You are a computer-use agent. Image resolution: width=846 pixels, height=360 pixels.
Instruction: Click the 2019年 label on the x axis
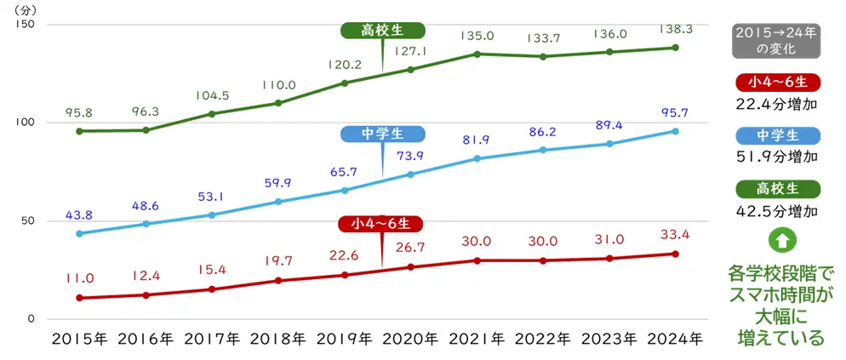tap(343, 338)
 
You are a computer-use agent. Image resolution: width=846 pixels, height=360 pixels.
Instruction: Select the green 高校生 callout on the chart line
tap(382, 31)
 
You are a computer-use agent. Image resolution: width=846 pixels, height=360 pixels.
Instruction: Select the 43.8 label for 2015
tap(78, 215)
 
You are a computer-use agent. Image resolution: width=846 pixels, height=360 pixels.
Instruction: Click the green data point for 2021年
tap(477, 54)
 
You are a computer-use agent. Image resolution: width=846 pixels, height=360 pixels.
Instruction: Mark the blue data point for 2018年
tap(278, 202)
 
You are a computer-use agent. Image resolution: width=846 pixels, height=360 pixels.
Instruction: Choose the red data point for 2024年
tap(676, 254)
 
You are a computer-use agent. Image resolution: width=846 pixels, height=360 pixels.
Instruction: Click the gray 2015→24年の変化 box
tap(776, 41)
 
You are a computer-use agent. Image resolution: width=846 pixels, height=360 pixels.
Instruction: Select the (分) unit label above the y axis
tap(27, 9)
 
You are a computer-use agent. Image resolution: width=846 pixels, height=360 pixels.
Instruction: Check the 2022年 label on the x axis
tap(544, 338)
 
